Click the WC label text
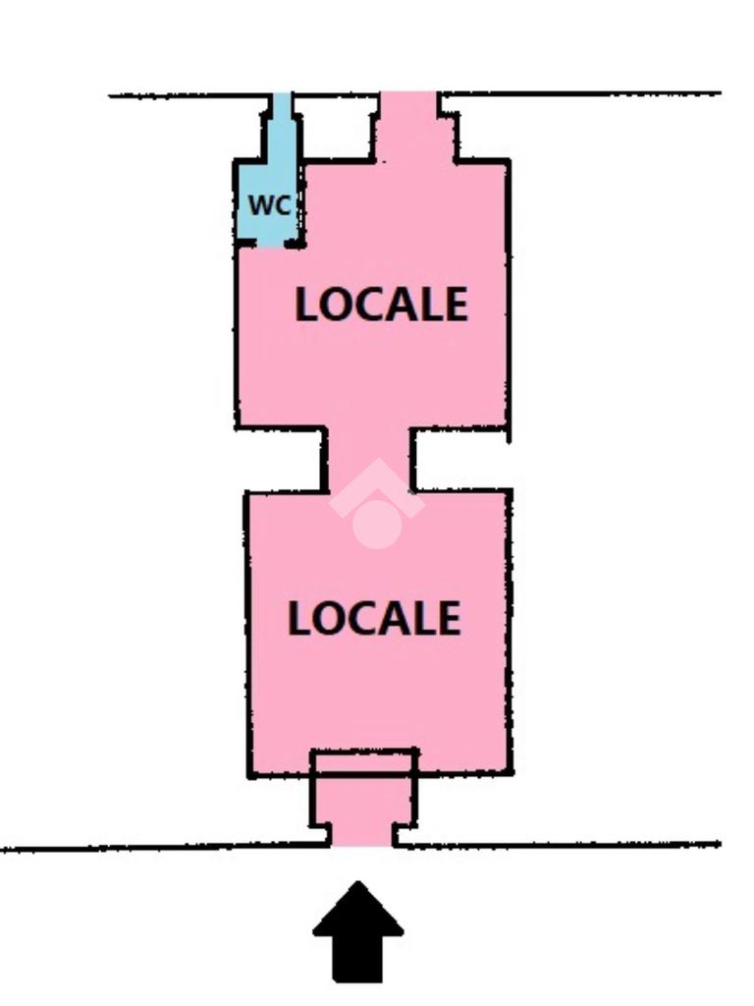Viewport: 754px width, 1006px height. (x=269, y=205)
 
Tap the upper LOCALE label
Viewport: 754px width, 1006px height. (x=381, y=305)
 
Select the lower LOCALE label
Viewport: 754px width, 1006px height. (x=374, y=618)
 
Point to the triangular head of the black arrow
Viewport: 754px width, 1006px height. (x=358, y=909)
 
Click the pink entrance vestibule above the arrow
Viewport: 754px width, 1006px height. (x=363, y=801)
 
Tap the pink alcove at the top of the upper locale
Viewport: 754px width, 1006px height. (x=410, y=128)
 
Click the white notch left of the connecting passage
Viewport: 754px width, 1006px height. (x=285, y=460)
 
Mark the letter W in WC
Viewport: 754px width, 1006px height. (x=260, y=205)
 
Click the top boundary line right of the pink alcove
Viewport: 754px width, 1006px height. (x=589, y=94)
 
